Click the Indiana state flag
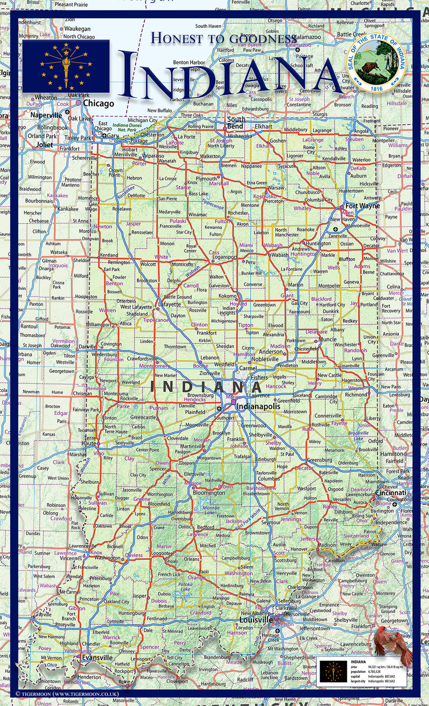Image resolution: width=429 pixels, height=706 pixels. [x=66, y=66]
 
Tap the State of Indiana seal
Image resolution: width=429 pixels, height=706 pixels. [x=376, y=63]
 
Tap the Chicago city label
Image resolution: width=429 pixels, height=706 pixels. [x=98, y=103]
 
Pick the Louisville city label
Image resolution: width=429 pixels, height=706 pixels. [x=254, y=619]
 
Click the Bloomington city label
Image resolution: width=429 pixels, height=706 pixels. [x=209, y=493]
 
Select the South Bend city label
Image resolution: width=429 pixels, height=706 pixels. [x=236, y=123]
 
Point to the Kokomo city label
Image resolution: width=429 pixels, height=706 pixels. [x=227, y=296]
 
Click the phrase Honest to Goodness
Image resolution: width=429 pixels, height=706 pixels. [x=224, y=38]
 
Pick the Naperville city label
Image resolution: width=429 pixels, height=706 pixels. [x=46, y=115]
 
